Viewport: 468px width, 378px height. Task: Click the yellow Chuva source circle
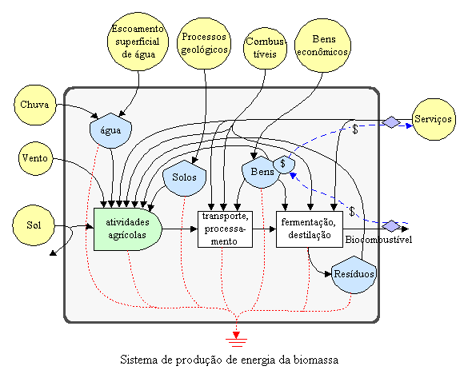[35, 105]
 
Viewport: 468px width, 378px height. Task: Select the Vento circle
[35, 158]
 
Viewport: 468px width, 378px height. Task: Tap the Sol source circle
[34, 225]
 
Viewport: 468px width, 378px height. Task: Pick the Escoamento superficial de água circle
[138, 41]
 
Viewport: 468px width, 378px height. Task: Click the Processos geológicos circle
[204, 43]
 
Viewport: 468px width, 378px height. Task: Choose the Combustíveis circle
[265, 49]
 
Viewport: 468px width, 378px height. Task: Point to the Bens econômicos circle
[322, 46]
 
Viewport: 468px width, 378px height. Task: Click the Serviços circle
[434, 119]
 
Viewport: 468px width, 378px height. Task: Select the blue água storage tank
[110, 130]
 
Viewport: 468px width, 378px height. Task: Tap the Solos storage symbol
[185, 178]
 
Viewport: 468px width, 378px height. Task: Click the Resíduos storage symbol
[354, 275]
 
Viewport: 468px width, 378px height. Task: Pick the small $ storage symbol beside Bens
[284, 165]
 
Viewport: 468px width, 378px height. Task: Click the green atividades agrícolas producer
[128, 229]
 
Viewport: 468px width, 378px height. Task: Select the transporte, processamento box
[225, 229]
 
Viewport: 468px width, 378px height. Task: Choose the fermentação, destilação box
[310, 229]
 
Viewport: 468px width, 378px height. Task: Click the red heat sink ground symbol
[236, 340]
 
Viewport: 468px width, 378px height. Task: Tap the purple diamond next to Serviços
[391, 122]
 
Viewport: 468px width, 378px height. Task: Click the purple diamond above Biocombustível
[391, 226]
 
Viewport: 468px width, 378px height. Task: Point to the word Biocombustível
[378, 240]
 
